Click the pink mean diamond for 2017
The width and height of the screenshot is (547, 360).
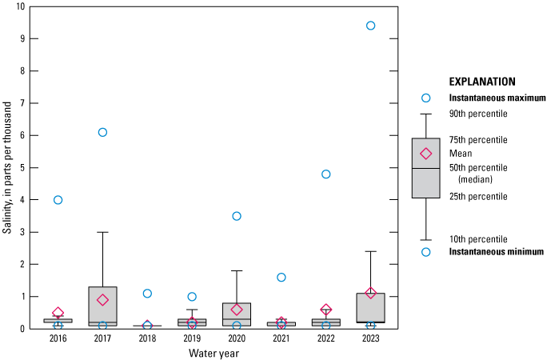point(102,300)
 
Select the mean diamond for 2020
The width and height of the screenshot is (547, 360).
point(237,310)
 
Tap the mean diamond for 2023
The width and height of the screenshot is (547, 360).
point(370,293)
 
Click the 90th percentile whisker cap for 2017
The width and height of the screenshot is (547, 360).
point(102,232)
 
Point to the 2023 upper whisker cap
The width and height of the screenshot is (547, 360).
point(370,251)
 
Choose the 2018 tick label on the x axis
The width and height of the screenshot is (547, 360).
point(147,338)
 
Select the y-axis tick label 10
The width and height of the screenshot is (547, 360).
point(20,6)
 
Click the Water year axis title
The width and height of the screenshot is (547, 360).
point(214,353)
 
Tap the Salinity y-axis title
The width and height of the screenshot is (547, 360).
point(7,168)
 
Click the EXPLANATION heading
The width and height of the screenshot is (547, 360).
point(482,82)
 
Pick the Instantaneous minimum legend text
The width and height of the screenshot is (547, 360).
point(497,251)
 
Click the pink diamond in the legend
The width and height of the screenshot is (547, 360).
point(426,154)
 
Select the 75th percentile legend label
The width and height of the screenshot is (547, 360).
point(478,140)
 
